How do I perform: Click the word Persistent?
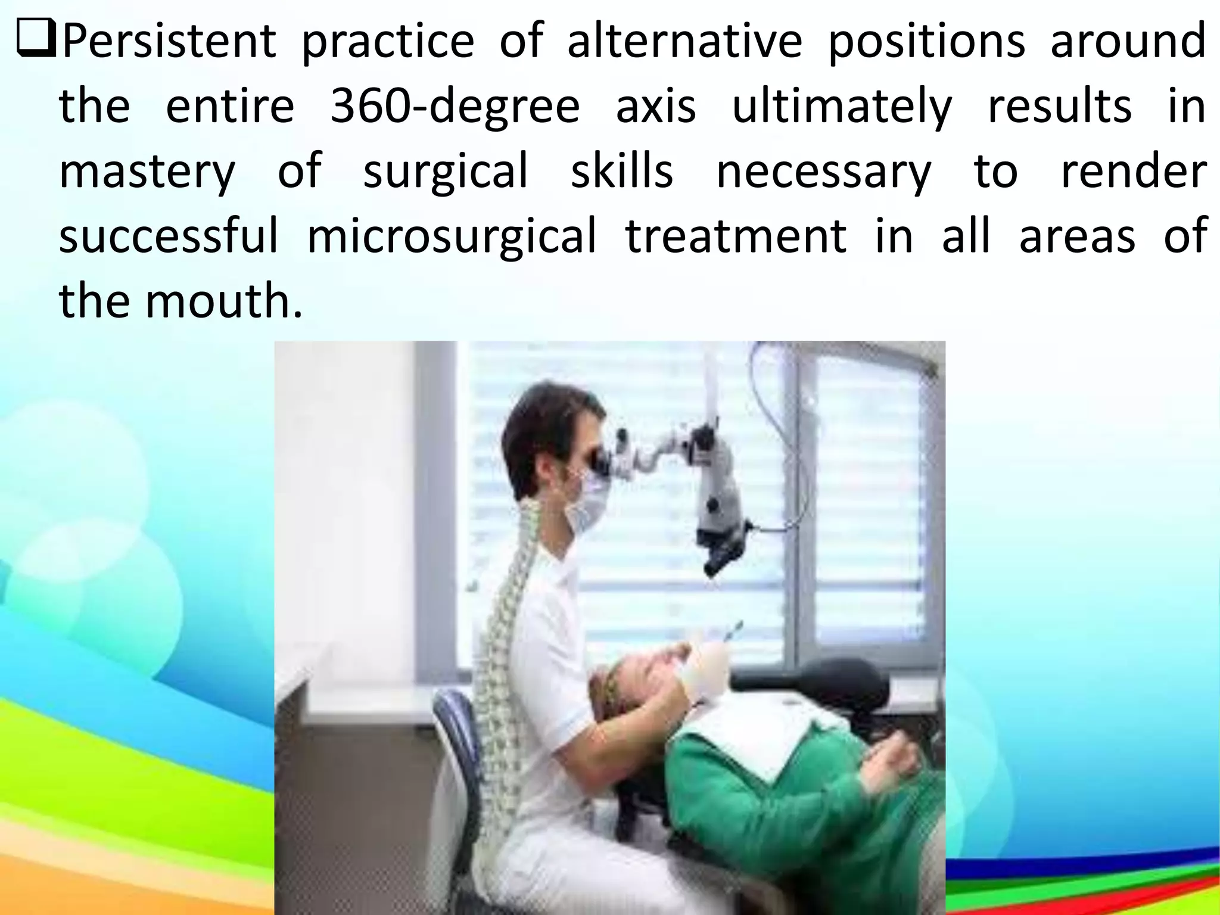click(169, 42)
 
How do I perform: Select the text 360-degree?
click(455, 107)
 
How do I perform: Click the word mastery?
click(147, 172)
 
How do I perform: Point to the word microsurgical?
click(451, 236)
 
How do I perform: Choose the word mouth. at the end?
click(224, 301)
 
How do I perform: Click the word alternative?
click(684, 42)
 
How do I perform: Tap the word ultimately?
click(841, 107)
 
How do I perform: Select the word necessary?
click(823, 172)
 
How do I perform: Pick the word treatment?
click(736, 236)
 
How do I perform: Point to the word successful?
click(169, 236)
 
